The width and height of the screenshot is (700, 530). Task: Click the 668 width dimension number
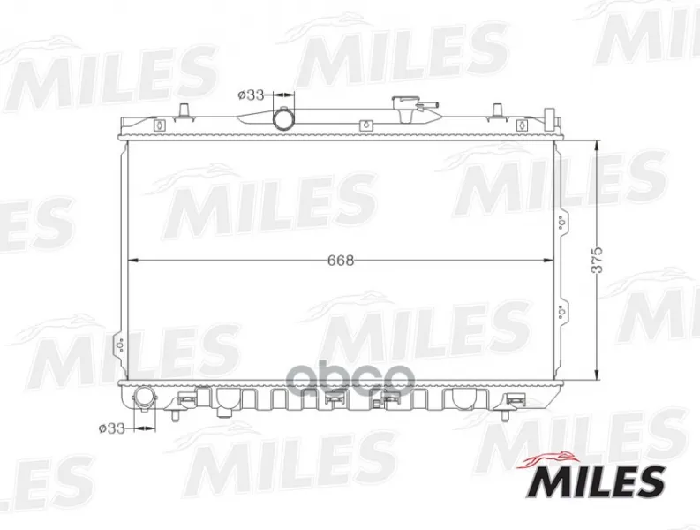(x=341, y=261)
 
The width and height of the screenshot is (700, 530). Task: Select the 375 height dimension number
(x=597, y=260)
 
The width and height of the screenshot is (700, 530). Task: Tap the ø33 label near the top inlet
(x=251, y=95)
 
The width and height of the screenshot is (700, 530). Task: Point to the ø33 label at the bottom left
(x=111, y=428)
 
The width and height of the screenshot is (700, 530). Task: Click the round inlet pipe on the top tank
(x=284, y=118)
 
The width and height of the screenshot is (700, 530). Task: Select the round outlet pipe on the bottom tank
(x=145, y=397)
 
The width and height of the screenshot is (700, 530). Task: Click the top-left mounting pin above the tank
(x=184, y=110)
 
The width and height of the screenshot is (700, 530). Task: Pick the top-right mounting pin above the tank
(x=498, y=110)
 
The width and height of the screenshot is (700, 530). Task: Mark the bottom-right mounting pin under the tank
(x=505, y=415)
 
